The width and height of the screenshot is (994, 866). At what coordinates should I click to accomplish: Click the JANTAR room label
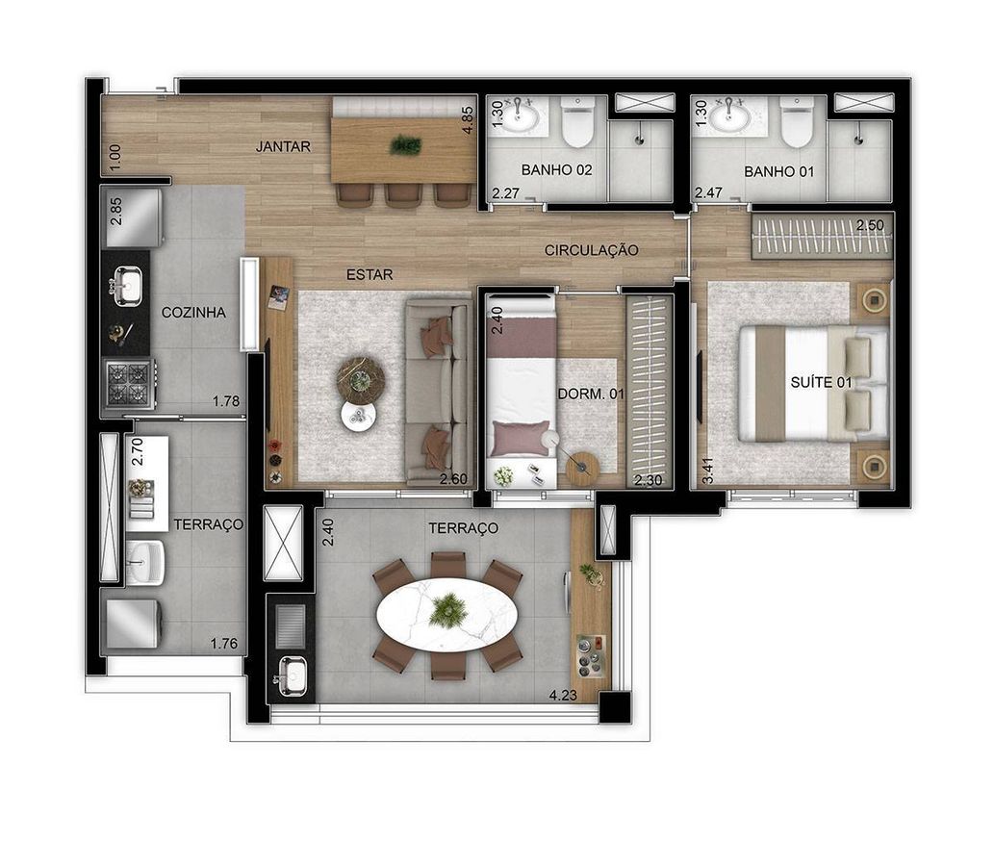283,146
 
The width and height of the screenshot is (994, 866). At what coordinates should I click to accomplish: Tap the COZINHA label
193,312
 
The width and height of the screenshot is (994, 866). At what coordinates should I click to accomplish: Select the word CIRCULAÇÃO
591,250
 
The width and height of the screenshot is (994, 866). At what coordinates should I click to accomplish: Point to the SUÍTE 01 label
821,382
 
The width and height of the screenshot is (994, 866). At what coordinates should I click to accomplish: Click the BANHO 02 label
556,170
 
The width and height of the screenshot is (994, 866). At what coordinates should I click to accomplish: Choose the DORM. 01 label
591,394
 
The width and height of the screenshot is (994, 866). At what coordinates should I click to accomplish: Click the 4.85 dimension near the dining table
468,119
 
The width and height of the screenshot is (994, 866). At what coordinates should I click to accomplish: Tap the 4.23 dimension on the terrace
563,695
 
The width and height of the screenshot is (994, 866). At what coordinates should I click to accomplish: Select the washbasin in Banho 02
524,116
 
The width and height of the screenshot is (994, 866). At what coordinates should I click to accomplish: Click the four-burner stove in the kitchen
129,383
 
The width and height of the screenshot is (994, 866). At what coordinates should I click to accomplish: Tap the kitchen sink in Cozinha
127,286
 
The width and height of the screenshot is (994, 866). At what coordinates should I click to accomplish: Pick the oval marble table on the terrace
447,614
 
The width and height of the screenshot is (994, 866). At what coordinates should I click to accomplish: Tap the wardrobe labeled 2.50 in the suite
822,236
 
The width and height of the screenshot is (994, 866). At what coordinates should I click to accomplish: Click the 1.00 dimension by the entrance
115,157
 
